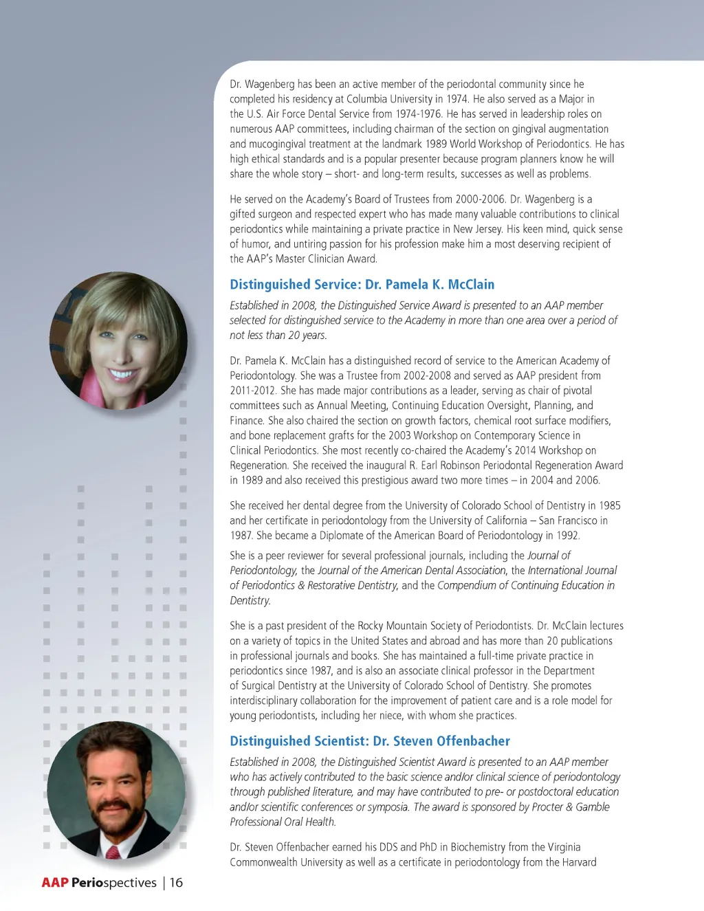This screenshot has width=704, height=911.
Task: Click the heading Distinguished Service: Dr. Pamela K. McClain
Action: click(362, 285)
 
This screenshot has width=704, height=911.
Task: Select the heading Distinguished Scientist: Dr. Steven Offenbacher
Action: click(370, 741)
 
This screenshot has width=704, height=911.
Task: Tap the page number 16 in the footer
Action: click(177, 883)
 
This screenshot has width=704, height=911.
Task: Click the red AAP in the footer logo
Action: click(55, 883)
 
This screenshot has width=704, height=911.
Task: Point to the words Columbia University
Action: click(389, 99)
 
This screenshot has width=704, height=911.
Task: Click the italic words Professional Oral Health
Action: click(283, 822)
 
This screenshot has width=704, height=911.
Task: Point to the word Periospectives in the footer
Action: click(114, 883)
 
